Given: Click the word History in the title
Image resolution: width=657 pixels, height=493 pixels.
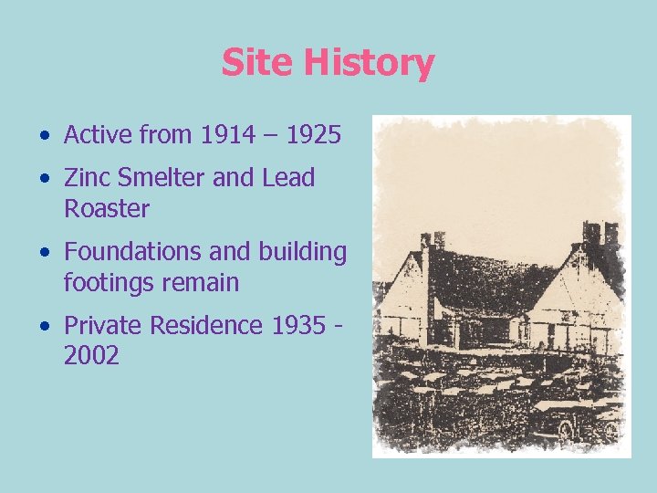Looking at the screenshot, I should tap(369, 64).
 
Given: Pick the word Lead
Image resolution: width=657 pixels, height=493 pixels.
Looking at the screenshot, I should tap(288, 178).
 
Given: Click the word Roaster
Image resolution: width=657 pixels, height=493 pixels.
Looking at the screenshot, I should tap(107, 209).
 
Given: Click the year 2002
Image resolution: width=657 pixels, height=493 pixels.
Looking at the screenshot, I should tap(91, 356).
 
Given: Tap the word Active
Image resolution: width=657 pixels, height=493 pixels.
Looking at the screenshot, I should tap(99, 136).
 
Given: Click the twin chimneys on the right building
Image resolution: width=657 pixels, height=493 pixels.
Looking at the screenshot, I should tap(600, 233).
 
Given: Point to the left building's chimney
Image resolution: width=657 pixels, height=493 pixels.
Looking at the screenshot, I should tap(432, 241).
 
